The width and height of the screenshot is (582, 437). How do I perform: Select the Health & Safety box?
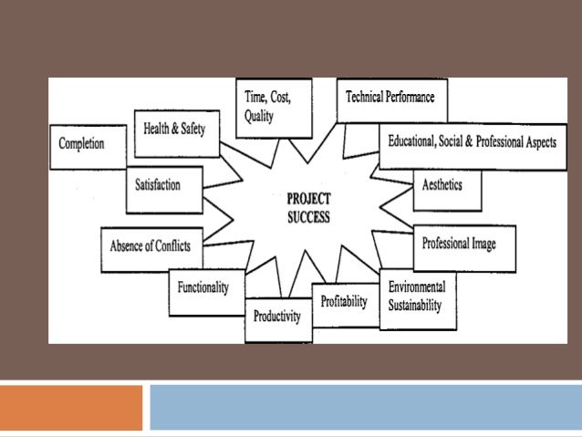click(175, 130)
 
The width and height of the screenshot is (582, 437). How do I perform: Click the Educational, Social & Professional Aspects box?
click(472, 144)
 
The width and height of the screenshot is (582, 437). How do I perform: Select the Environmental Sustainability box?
click(416, 295)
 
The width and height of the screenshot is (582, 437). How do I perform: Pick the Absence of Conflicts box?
click(151, 245)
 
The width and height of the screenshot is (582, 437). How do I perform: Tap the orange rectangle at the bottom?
click(71, 407)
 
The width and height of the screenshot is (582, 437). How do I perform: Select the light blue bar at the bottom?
click(365, 407)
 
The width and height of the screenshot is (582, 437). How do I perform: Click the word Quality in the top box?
click(259, 117)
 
